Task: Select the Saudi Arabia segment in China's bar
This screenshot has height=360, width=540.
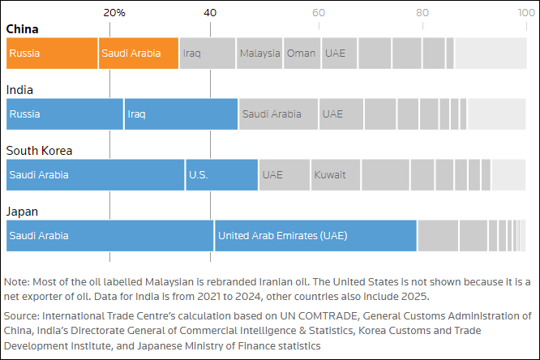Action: (x=138, y=54)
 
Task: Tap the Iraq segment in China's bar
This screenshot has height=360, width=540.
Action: (x=207, y=54)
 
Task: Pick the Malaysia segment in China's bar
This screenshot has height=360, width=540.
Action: (x=259, y=54)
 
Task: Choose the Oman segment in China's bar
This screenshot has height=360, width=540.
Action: (x=302, y=54)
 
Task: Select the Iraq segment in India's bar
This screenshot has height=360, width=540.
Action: (x=181, y=114)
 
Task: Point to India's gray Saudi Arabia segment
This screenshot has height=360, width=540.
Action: (x=278, y=114)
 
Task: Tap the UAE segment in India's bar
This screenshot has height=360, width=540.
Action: (x=341, y=114)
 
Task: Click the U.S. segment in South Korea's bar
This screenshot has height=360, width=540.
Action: (x=221, y=175)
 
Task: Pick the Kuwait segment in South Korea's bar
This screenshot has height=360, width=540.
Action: (x=336, y=175)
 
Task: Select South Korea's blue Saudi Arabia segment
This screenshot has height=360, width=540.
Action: (x=95, y=175)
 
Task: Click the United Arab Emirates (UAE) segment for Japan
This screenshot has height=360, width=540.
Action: (x=315, y=236)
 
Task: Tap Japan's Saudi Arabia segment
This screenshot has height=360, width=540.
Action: (x=109, y=236)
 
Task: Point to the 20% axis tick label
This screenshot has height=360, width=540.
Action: (x=114, y=13)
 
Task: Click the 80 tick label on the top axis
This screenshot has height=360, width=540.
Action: (x=422, y=13)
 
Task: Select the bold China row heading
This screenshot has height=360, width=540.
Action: (x=23, y=29)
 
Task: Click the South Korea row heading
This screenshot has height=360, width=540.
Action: (x=39, y=151)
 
